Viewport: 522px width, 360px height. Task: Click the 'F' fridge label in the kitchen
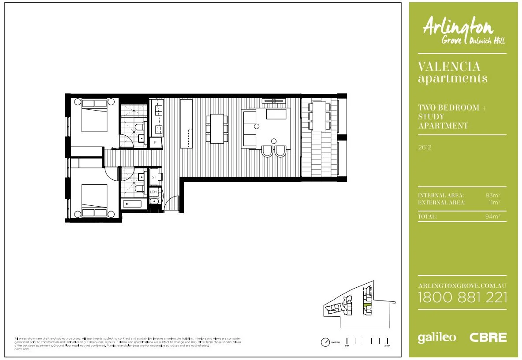155,143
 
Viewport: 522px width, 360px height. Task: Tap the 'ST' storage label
154,177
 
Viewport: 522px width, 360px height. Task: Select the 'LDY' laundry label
154,192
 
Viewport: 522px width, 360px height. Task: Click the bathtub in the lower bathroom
132,204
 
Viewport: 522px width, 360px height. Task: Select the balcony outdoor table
320,116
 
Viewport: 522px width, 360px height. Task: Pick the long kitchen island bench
186,124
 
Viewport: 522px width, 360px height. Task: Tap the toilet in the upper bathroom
139,128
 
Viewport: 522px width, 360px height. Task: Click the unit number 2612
424,148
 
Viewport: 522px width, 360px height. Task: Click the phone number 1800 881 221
462,297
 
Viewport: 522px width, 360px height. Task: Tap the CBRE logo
488,338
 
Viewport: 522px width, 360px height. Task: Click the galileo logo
436,338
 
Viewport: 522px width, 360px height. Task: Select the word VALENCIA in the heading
449,67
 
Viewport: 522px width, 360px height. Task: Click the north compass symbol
325,341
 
